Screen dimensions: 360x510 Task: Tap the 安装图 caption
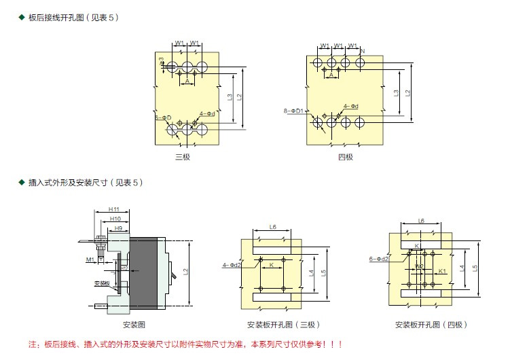(134, 325)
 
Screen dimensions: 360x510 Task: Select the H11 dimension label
(113, 209)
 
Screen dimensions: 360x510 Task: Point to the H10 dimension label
(115, 219)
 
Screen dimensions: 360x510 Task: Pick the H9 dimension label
(118, 229)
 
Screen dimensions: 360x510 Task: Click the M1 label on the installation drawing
(90, 259)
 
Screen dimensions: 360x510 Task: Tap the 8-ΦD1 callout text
(293, 110)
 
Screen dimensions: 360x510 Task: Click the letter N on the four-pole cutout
(363, 52)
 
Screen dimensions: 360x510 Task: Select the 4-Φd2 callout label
(232, 265)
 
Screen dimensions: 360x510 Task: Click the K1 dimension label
(441, 270)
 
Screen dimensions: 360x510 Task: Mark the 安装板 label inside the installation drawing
(102, 283)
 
